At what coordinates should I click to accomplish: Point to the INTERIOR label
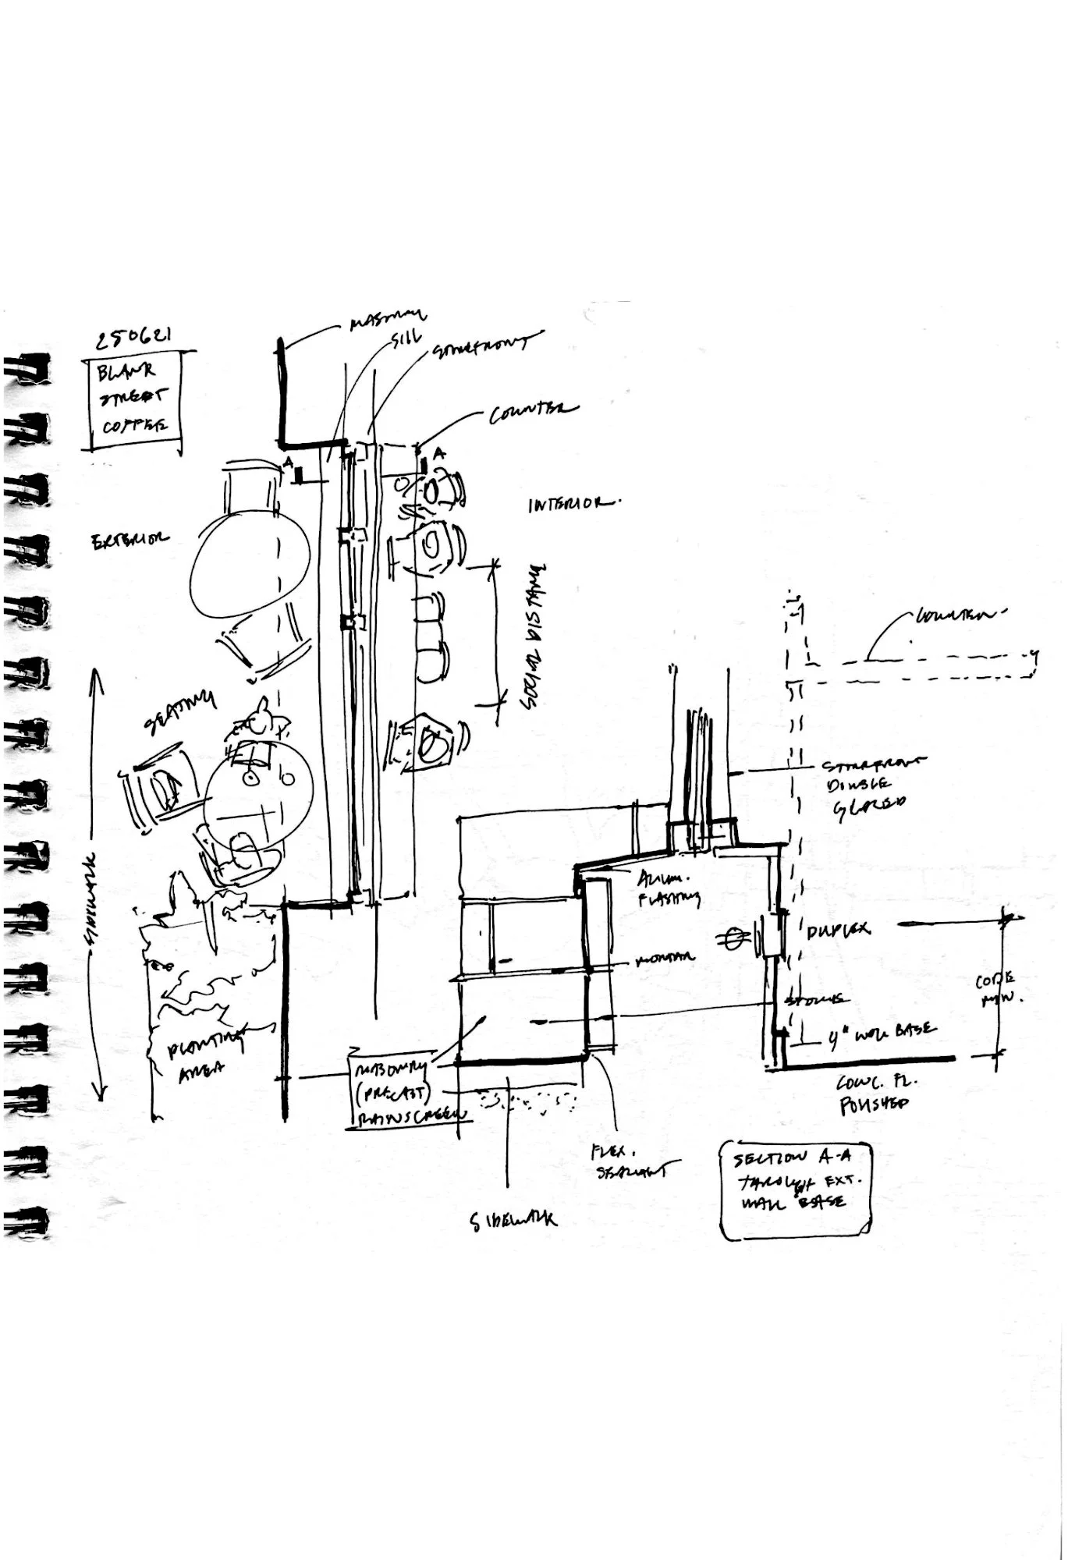coord(573,504)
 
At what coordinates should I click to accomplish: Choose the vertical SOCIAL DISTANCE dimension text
coord(534,637)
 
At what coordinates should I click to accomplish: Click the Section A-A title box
coord(795,1189)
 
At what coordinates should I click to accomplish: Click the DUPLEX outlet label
coord(839,931)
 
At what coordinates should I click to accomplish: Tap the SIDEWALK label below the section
coord(514,1220)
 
